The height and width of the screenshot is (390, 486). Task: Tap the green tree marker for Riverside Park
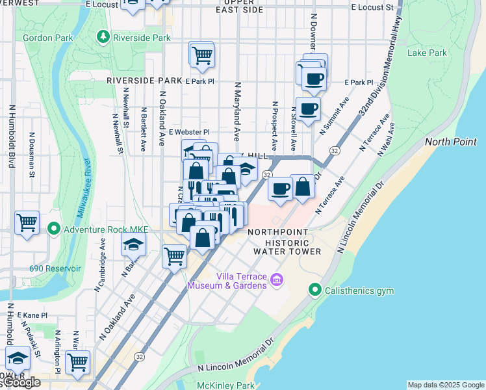(103, 38)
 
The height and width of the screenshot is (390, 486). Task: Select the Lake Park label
(427, 53)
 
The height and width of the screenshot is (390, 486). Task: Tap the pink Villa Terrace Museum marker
(277, 280)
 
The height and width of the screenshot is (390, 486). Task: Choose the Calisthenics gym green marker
(315, 290)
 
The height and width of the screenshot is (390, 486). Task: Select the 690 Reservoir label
(55, 268)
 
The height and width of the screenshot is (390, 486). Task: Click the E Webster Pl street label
(189, 132)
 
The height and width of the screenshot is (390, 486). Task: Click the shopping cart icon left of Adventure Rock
(27, 223)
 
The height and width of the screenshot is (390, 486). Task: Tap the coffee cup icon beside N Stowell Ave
(308, 109)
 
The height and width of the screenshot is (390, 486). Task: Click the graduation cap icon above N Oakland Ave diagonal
(133, 244)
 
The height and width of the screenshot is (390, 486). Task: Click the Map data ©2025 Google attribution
(445, 385)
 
